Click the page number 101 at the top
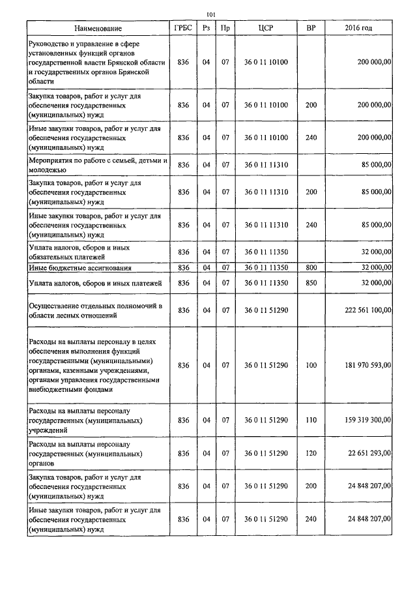[210, 14]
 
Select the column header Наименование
[98, 28]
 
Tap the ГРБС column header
[182, 28]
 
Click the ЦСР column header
[265, 28]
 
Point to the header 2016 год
[358, 28]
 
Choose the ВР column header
[311, 28]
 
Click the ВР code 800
[311, 267]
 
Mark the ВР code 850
[311, 282]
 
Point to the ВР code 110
[311, 420]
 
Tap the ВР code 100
[311, 365]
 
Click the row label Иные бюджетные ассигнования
[80, 267]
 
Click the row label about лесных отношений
[94, 310]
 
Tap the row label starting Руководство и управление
[98, 63]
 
